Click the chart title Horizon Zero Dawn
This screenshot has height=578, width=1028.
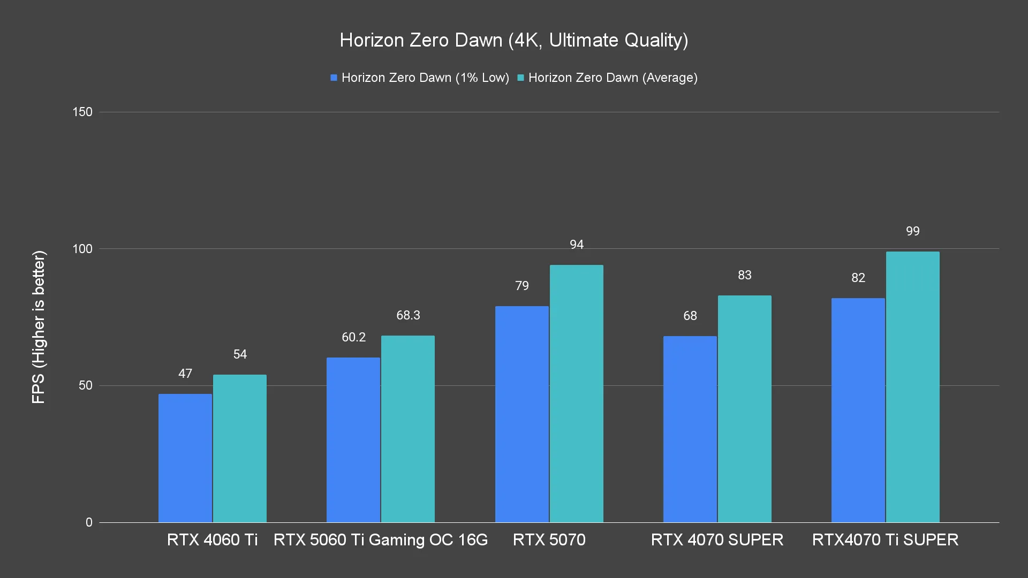tap(514, 40)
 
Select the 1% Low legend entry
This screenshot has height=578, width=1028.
tap(420, 78)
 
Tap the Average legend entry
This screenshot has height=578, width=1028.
tap(608, 78)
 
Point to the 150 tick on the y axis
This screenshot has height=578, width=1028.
tap(82, 112)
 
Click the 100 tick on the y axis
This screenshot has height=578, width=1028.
tap(82, 249)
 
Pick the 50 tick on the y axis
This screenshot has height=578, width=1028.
tap(86, 385)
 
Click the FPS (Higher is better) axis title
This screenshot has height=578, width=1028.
tap(39, 326)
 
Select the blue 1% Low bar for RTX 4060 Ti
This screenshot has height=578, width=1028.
tap(185, 458)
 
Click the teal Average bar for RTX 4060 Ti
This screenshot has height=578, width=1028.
tap(240, 448)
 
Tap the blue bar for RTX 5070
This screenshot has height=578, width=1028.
tap(522, 414)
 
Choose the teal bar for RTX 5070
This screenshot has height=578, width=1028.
tap(577, 393)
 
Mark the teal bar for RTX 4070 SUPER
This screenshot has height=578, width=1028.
tap(745, 409)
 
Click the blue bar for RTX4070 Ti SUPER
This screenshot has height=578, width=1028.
tap(858, 410)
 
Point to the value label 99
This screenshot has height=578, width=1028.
tap(913, 231)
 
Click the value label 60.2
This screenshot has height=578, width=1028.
tap(354, 337)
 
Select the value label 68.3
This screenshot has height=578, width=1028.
tap(409, 315)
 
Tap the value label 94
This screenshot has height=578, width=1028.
tap(577, 245)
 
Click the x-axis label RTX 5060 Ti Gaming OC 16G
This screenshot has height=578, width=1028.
tap(381, 539)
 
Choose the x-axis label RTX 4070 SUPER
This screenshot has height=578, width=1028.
tap(717, 539)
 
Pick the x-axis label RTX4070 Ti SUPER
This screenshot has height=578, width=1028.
tap(886, 539)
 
